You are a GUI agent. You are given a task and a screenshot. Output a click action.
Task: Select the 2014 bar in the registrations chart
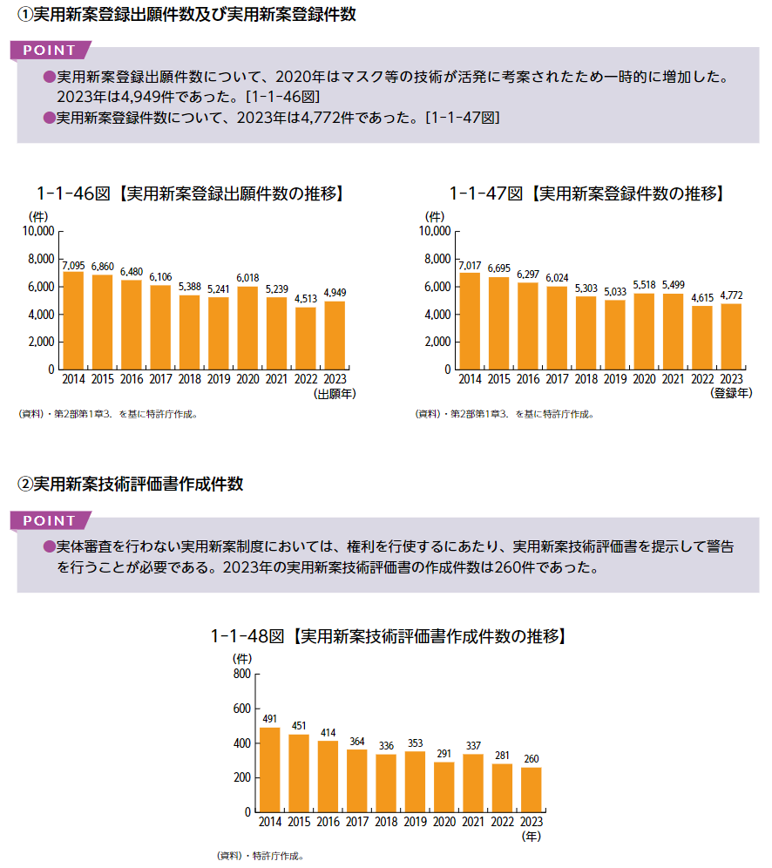[470, 322]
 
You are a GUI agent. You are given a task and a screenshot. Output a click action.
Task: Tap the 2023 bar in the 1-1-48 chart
[532, 790]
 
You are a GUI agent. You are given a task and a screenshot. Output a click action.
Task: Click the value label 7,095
[74, 264]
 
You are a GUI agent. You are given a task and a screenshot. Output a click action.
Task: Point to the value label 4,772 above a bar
[731, 295]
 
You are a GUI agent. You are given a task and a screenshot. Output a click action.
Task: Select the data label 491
[270, 719]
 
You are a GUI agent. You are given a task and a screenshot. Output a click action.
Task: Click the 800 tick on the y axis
[240, 675]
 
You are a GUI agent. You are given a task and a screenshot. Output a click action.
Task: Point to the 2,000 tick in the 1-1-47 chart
[435, 342]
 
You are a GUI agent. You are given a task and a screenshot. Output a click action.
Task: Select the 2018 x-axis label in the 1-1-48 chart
[386, 822]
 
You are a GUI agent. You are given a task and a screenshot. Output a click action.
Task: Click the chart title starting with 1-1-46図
[189, 193]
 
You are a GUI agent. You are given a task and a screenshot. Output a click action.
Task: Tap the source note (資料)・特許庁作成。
[260, 856]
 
